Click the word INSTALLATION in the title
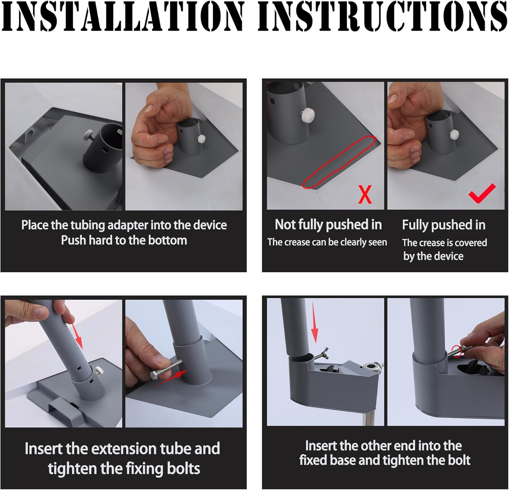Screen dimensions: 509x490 pyautogui.click(x=123, y=16)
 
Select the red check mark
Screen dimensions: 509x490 pyautogui.click(x=482, y=193)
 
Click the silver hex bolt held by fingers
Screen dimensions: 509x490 pyautogui.click(x=167, y=370)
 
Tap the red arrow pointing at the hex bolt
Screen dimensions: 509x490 pyautogui.click(x=171, y=377)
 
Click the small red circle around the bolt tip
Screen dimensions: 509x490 pyautogui.click(x=457, y=352)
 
